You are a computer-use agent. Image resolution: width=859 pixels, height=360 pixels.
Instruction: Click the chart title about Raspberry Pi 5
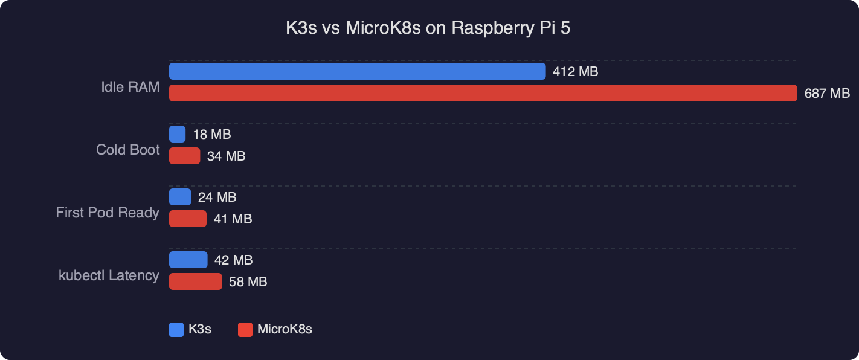tap(428, 29)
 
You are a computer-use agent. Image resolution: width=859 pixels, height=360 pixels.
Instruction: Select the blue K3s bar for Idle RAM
tap(357, 71)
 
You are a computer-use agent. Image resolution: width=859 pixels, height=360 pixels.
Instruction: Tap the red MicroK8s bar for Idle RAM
tap(483, 93)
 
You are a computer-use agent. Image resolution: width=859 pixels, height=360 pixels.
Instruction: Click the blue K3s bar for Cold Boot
tap(177, 134)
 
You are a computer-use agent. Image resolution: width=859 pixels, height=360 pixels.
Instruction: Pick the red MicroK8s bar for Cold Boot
tap(184, 156)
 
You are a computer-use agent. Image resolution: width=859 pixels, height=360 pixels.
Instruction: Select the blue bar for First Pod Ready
tap(180, 197)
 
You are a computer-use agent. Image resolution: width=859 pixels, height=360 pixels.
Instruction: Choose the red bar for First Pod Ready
tap(187, 219)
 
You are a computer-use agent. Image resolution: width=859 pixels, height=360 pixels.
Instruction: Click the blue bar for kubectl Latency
tap(188, 260)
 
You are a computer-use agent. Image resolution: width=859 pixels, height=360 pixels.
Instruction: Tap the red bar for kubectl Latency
tap(195, 281)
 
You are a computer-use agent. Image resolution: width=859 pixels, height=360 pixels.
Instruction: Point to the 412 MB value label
tap(575, 72)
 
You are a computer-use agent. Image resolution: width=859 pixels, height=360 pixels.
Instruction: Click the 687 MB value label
tap(827, 94)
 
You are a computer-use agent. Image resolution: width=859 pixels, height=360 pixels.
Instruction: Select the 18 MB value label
tap(211, 135)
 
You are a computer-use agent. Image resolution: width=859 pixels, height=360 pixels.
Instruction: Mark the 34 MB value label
tap(226, 156)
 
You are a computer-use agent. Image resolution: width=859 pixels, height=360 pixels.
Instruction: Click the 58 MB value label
tap(248, 282)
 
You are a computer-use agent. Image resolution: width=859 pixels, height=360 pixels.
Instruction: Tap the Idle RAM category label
tap(130, 87)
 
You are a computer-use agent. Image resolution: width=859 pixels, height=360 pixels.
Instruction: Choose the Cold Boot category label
tap(128, 150)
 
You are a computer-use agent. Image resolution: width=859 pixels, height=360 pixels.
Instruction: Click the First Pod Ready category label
tap(108, 213)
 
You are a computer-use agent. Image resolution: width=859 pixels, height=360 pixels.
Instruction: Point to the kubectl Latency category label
tap(109, 275)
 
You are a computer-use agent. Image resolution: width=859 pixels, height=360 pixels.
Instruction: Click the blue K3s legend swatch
tap(176, 330)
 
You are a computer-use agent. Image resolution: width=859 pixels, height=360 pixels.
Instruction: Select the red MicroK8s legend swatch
tap(245, 330)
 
